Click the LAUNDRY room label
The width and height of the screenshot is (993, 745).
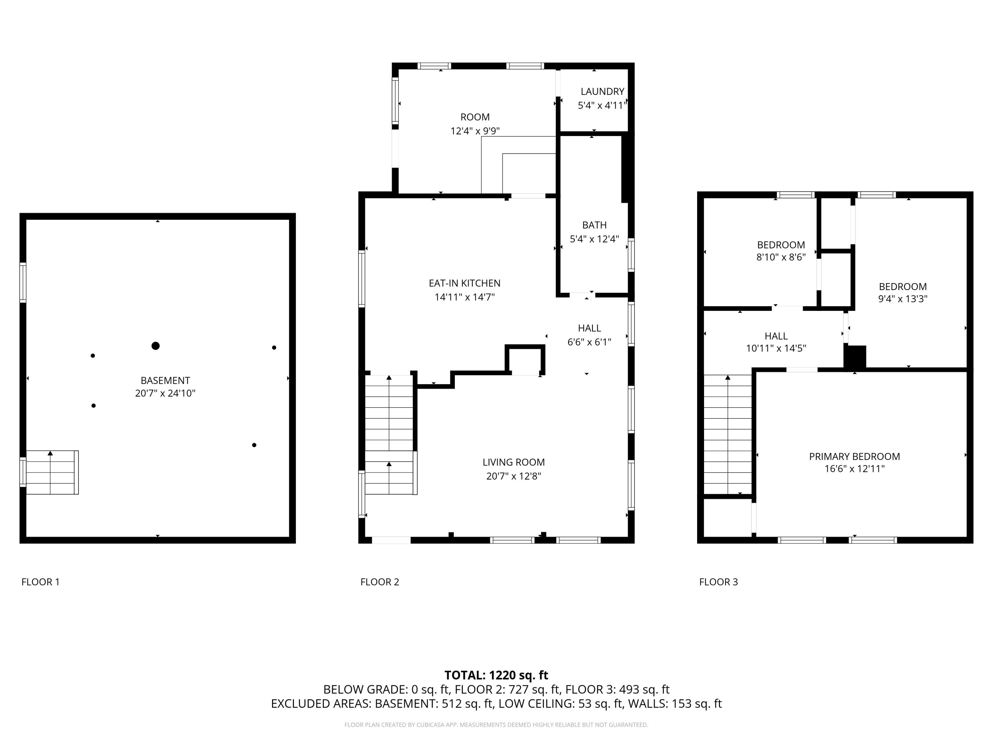pyautogui.click(x=602, y=92)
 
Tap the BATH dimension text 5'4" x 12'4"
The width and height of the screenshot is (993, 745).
pyautogui.click(x=594, y=239)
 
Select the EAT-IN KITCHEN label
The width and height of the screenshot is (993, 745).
pyautogui.click(x=465, y=283)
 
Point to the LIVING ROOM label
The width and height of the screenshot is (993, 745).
pyautogui.click(x=514, y=462)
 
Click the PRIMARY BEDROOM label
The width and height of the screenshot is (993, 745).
pyautogui.click(x=854, y=457)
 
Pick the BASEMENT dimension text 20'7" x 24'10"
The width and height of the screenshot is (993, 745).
pyautogui.click(x=165, y=393)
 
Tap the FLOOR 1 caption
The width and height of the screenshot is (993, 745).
pyautogui.click(x=40, y=582)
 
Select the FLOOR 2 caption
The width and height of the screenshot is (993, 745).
pyautogui.click(x=380, y=582)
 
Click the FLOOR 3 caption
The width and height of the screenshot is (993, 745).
pyautogui.click(x=718, y=582)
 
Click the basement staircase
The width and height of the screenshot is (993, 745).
pyautogui.click(x=52, y=472)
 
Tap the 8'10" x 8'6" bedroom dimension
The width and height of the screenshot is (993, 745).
pyautogui.click(x=781, y=257)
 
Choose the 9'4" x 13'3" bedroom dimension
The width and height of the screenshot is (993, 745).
pyautogui.click(x=903, y=299)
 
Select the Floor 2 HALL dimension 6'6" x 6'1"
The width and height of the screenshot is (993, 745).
pyautogui.click(x=590, y=342)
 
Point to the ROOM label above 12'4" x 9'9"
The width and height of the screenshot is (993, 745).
pyautogui.click(x=475, y=117)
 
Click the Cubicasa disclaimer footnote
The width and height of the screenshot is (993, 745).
pyautogui.click(x=496, y=725)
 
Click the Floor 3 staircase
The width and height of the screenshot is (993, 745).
pyautogui.click(x=727, y=435)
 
